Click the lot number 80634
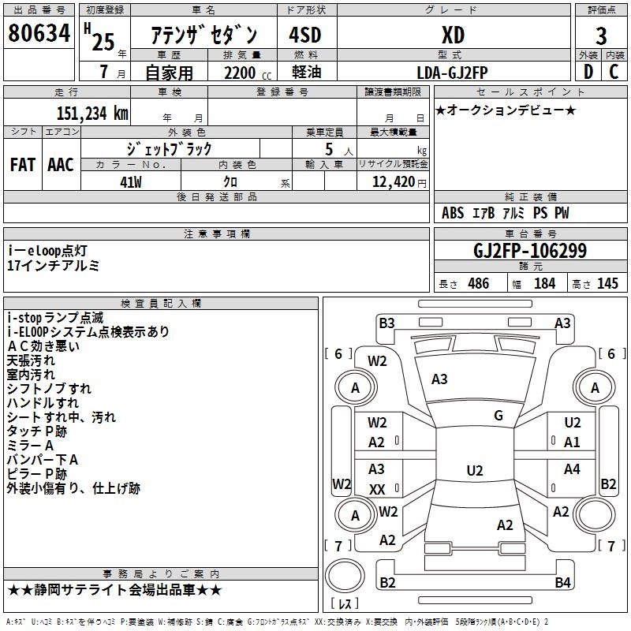coord(39,33)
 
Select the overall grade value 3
coord(601,35)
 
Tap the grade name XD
coord(453,35)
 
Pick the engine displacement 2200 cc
coord(241,73)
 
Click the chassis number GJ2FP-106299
coord(530,251)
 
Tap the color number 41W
coord(130,181)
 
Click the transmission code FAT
coord(23,164)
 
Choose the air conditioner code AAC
coord(61,164)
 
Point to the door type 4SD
coord(305,35)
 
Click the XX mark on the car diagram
coord(377,490)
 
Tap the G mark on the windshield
coord(498,416)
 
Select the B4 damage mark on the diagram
coord(562,583)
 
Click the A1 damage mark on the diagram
coord(572,442)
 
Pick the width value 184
coord(544,284)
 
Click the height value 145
coord(607,284)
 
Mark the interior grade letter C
coord(614,72)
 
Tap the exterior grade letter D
coord(588,72)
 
